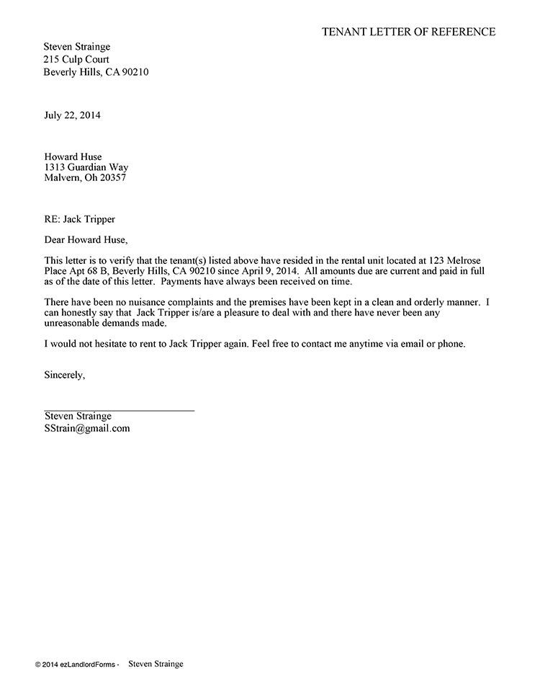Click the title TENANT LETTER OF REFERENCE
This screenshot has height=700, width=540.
408,32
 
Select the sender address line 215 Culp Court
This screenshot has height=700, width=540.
76,60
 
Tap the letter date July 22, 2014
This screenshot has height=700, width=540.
73,115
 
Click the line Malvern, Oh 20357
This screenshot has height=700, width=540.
84,178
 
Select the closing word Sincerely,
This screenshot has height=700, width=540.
65,375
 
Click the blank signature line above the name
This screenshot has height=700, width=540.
120,409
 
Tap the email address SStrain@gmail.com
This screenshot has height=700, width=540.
87,427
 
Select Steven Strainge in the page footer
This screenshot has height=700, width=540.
156,664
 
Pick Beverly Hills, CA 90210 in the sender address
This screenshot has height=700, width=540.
96,72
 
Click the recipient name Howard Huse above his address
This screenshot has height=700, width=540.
73,156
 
